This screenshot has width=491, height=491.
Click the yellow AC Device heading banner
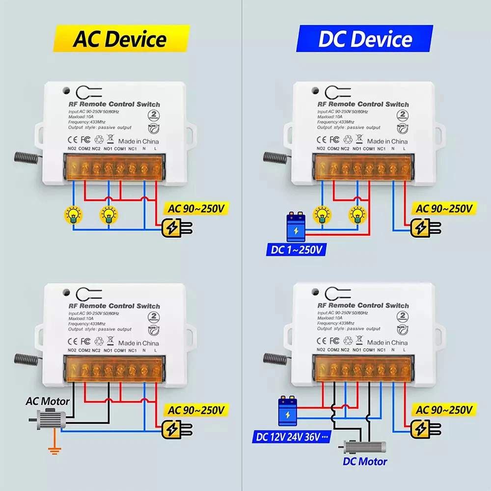click(x=120, y=39)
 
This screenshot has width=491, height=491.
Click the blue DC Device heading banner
click(x=365, y=39)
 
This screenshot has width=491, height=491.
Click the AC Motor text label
click(x=48, y=401)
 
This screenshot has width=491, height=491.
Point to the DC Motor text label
click(x=365, y=461)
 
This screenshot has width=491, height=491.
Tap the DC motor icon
click(x=364, y=447)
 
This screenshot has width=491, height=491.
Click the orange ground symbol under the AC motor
click(x=50, y=448)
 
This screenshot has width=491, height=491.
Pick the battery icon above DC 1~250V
click(x=296, y=227)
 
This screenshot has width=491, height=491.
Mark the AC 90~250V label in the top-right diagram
click(x=444, y=208)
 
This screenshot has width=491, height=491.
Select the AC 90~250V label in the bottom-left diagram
click(x=196, y=409)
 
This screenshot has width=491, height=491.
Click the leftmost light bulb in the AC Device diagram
click(x=74, y=214)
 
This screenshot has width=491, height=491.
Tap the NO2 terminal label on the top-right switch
click(x=321, y=148)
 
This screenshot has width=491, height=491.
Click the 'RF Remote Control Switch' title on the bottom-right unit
click(x=362, y=305)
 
